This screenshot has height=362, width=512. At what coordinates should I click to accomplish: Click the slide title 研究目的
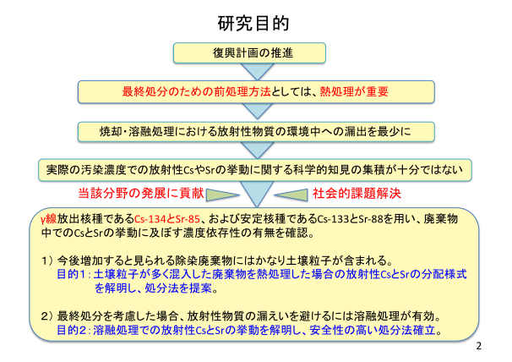point(253,23)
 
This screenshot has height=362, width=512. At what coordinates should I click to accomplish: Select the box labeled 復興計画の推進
point(249,52)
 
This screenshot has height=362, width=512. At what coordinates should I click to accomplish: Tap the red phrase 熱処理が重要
point(354,91)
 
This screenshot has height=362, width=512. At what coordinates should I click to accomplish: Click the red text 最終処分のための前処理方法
point(197,91)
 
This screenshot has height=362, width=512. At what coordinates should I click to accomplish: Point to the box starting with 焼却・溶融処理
point(256,132)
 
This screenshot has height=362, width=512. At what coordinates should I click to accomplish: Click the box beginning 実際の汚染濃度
point(255,170)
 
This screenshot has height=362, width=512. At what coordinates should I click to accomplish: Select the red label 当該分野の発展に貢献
point(141,193)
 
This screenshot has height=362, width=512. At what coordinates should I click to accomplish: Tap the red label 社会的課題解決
point(357,193)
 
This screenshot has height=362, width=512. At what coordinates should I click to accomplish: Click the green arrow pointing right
point(223,195)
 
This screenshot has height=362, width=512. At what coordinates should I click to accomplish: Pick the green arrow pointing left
point(291,195)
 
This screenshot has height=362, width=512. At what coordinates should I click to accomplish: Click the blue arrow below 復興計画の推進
point(258,72)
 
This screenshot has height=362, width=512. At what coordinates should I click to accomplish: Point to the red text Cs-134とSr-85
point(166,219)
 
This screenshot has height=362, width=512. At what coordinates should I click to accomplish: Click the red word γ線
point(49,219)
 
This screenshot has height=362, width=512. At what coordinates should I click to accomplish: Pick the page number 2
point(479,346)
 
